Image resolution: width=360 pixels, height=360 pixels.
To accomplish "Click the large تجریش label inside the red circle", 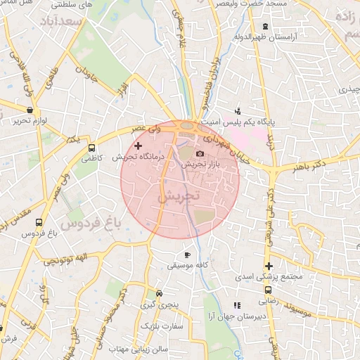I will click(179, 197).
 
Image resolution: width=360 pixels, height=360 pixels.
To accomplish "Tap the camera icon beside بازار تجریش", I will click(200, 153).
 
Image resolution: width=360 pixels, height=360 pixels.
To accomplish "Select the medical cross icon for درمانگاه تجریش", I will click(138, 145).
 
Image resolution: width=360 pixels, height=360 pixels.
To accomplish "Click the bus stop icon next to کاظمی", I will click(91, 148).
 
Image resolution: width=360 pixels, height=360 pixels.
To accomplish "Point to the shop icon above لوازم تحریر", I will click(29, 110).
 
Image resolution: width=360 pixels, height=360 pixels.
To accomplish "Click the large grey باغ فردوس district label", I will click(91, 224).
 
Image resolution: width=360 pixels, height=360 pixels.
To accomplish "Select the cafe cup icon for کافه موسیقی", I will click(187, 255).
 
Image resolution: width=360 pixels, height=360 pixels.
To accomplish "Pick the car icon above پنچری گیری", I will click(160, 293).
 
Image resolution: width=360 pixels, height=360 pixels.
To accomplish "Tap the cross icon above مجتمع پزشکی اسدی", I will click(268, 266).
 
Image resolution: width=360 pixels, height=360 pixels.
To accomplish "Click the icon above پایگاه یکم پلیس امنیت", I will click(238, 110).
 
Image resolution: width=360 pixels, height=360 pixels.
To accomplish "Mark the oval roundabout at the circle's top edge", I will click(188, 126).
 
